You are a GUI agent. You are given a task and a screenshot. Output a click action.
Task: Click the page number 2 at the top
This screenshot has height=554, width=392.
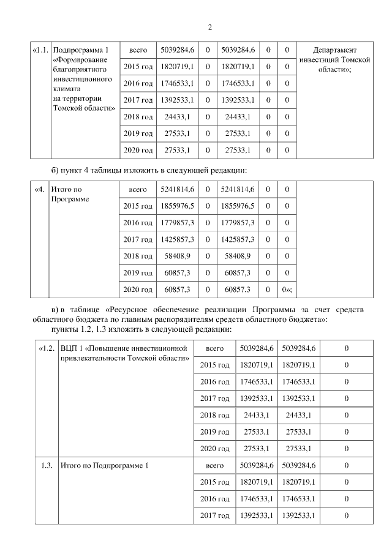[209, 28]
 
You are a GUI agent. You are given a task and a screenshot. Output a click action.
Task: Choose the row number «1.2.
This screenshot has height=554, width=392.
[47, 348]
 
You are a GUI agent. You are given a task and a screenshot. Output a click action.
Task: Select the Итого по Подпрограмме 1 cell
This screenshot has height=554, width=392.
[105, 466]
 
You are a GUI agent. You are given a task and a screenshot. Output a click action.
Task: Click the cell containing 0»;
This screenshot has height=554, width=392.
[286, 289]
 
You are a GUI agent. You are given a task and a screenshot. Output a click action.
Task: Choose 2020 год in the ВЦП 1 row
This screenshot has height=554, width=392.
[214, 448]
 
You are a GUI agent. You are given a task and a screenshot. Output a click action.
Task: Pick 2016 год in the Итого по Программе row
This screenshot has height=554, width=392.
[138, 223]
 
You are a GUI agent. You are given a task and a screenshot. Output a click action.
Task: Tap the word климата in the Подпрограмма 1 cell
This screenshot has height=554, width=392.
[66, 89]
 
